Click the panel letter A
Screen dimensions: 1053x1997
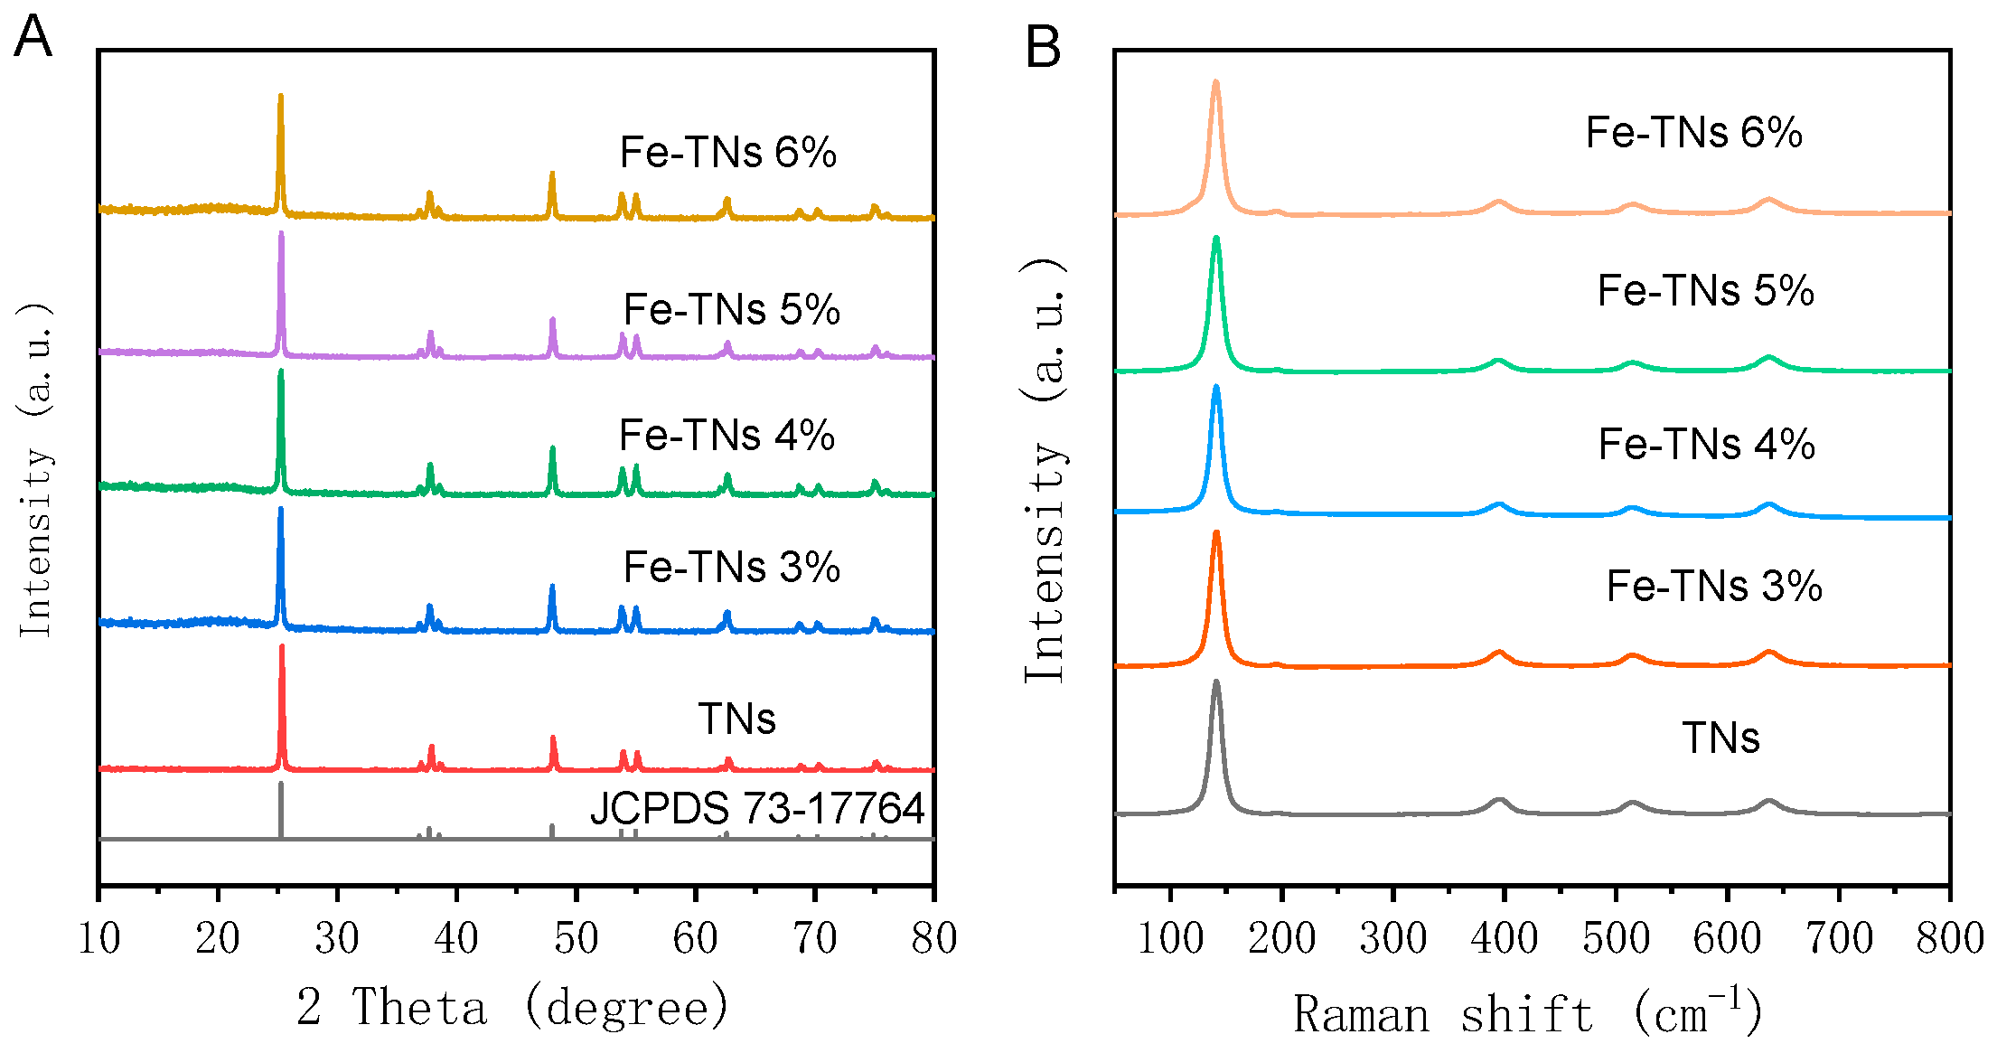[x=33, y=38]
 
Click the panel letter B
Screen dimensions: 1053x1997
[x=1043, y=47]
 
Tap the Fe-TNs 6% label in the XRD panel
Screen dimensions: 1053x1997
[x=727, y=152]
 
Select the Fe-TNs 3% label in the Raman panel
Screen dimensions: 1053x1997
[x=1714, y=586]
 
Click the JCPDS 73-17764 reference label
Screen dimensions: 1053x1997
[x=757, y=808]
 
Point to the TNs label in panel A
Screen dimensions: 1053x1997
[x=736, y=719]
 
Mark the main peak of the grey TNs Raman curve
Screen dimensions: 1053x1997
[x=1215, y=684]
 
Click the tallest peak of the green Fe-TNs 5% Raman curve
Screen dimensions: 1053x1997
[x=1215, y=240]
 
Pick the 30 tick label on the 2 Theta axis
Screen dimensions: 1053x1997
[x=337, y=938]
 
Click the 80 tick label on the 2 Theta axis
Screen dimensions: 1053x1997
[x=933, y=938]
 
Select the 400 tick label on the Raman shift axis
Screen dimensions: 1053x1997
[x=1504, y=938]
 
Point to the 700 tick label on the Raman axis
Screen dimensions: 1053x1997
[x=1839, y=938]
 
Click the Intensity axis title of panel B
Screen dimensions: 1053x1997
[x=1045, y=470]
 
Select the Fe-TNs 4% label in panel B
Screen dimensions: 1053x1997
[x=1706, y=445]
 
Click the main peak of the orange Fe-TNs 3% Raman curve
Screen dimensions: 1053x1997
[x=1215, y=535]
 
